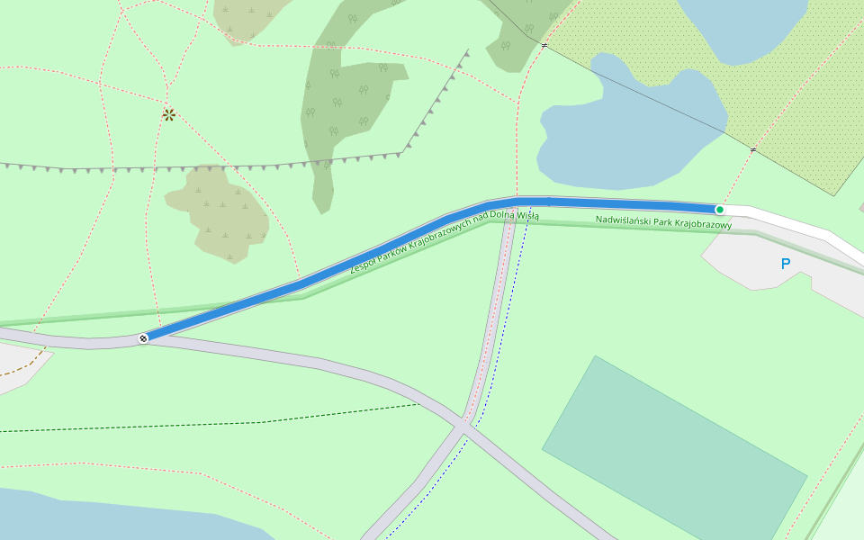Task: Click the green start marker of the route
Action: pos(719,210)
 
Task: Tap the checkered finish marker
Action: pos(143,338)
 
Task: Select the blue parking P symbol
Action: pos(786,264)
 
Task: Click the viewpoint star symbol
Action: pos(168,114)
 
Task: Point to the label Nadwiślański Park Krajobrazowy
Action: pos(663,221)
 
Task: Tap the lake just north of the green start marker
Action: pos(630,126)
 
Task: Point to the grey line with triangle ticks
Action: pos(225,167)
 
